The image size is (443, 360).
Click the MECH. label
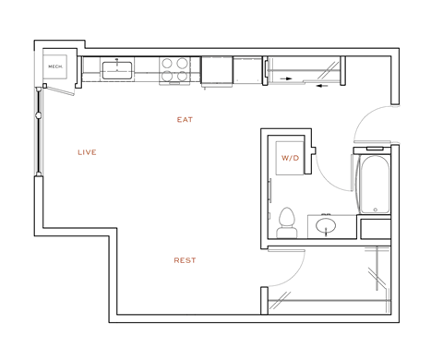coord(54,66)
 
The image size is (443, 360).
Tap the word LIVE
coord(87,152)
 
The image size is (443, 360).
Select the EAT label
coord(185,120)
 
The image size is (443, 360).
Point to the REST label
coord(185,260)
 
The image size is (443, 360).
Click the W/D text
coord(291,158)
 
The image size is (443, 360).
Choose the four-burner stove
coord(174,69)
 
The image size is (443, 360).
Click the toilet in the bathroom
coord(286,221)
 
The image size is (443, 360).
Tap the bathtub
coord(374,181)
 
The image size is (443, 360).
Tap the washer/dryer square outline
coord(291,159)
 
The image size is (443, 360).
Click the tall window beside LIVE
coord(39,129)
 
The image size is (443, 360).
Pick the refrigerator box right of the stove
coord(217,69)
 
